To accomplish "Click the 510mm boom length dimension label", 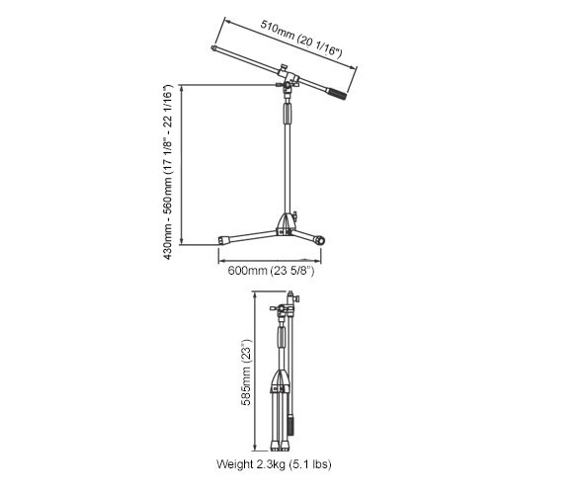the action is tap(301, 39).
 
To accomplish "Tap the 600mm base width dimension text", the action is tap(271, 271).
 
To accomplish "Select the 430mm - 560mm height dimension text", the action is tap(167, 172).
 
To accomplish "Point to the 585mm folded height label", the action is tap(245, 372).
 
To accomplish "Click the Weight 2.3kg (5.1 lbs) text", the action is tap(274, 464).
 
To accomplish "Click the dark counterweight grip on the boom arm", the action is tap(337, 94).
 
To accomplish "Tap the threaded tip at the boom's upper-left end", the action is tap(213, 47).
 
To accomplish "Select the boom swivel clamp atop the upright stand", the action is tap(288, 83).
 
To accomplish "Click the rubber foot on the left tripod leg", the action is tap(223, 240).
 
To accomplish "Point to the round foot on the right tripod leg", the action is tap(319, 241).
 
